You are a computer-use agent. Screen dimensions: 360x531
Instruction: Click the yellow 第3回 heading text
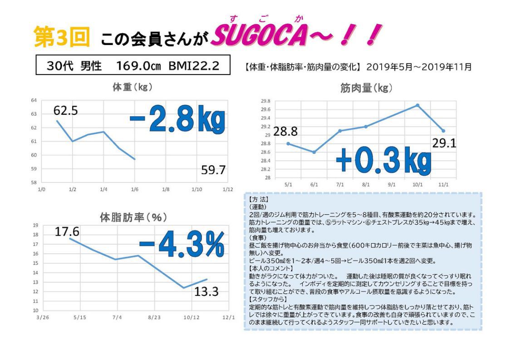pos(62,38)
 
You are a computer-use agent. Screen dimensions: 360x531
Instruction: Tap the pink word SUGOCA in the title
pos(258,38)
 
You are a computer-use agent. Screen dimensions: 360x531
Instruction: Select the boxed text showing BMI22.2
pos(194,66)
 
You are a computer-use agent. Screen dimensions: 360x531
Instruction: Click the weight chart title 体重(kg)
pos(132,87)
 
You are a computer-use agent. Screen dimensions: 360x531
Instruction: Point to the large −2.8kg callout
pos(177,119)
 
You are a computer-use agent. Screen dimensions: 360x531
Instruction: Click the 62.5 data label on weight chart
pos(65,111)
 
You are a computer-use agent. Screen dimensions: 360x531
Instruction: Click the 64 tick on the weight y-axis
pos(34,100)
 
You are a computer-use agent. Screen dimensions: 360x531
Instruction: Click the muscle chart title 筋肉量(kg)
pos(366,88)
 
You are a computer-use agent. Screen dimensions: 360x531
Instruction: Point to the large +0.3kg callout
pos(383,160)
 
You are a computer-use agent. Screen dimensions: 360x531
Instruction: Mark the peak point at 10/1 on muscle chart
pos(418,105)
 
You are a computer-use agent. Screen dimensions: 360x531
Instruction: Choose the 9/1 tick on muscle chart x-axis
pos(391,185)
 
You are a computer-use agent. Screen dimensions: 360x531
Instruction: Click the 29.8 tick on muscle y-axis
pos(265,101)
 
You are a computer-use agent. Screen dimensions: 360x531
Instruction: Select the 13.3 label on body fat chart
pos(206,291)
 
